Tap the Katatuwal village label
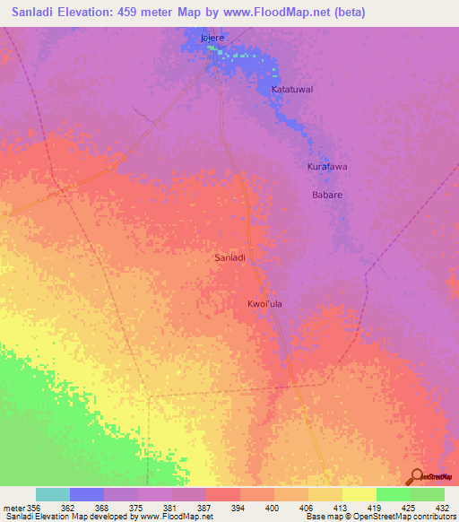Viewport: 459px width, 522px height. pyautogui.click(x=293, y=91)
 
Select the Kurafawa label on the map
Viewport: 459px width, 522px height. pyautogui.click(x=327, y=167)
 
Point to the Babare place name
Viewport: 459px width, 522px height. pyautogui.click(x=327, y=194)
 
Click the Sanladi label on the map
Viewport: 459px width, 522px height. pyautogui.click(x=230, y=257)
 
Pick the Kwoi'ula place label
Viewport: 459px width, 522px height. pyautogui.click(x=264, y=304)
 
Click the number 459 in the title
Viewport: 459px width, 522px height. pyautogui.click(x=133, y=12)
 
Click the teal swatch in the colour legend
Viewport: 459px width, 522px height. pyautogui.click(x=53, y=494)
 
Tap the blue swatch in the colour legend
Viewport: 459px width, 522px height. pyautogui.click(x=87, y=494)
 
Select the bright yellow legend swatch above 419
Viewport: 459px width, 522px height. pyautogui.click(x=359, y=494)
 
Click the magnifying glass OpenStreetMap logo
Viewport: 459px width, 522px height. pyautogui.click(x=416, y=477)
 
